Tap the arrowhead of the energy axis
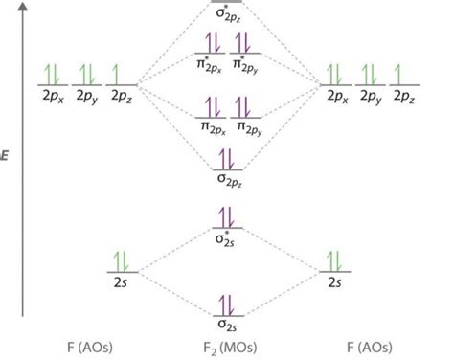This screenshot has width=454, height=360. click(x=22, y=8)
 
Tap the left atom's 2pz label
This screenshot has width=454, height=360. click(x=120, y=96)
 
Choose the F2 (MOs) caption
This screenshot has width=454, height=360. click(x=228, y=346)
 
